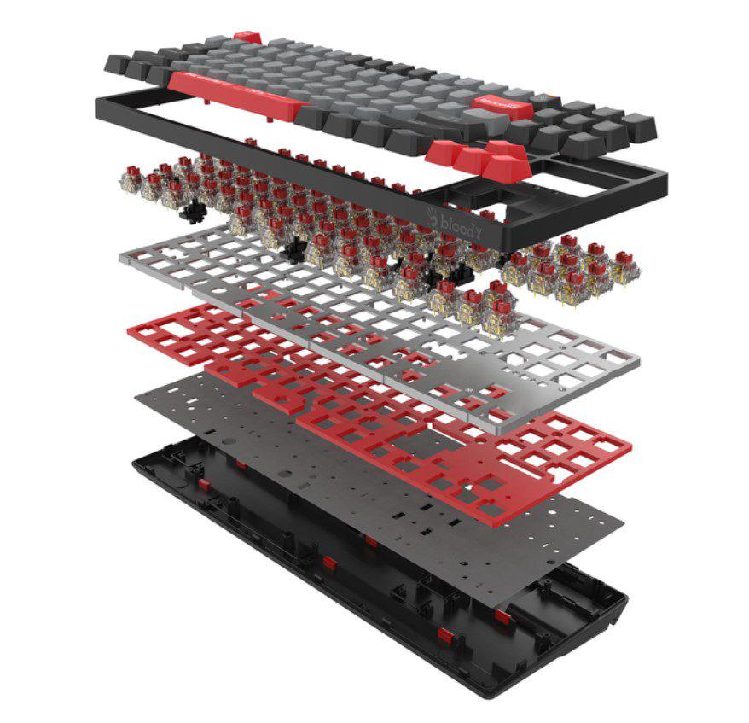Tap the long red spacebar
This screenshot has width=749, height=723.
coord(235,93)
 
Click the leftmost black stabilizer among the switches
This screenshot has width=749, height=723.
coord(193,211)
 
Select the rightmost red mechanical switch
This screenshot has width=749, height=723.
coord(630,260)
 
